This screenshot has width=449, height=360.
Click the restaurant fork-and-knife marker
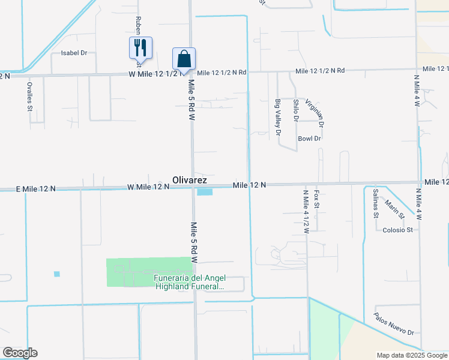pyautogui.click(x=140, y=47)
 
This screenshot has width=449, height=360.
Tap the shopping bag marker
pyautogui.click(x=184, y=58)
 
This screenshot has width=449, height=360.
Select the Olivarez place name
pyautogui.click(x=190, y=179)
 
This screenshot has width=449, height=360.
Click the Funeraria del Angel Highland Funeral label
pyautogui.click(x=189, y=282)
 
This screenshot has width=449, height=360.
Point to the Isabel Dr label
pyautogui.click(x=74, y=53)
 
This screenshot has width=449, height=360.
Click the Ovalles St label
pyautogui.click(x=29, y=96)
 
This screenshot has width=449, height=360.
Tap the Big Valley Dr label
pyautogui.click(x=278, y=118)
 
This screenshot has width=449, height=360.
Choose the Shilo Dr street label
pyautogui.click(x=295, y=110)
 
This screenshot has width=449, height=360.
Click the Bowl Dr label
pyautogui.click(x=310, y=139)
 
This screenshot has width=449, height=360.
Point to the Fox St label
pyautogui.click(x=317, y=200)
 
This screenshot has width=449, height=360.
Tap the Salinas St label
pyautogui.click(x=376, y=202)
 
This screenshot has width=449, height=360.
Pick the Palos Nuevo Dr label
pyautogui.click(x=393, y=324)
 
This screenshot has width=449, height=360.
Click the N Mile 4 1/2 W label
pyautogui.click(x=306, y=211)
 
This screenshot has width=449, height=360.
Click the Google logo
pyautogui.click(x=20, y=353)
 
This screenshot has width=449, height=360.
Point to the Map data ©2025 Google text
pyautogui.click(x=411, y=355)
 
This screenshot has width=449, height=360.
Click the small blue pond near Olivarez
pyautogui.click(x=205, y=192)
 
